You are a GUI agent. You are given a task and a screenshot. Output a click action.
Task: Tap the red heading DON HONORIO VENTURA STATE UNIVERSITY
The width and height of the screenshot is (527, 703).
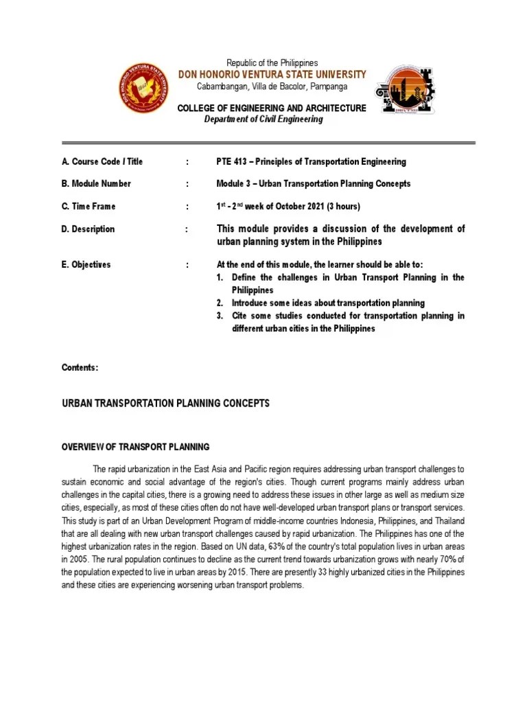272,75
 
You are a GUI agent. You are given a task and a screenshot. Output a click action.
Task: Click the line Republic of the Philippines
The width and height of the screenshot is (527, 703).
272,63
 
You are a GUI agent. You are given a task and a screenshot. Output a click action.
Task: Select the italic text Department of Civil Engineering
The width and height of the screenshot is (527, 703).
263,119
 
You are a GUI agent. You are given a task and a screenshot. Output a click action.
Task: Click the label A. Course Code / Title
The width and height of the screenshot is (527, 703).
102,162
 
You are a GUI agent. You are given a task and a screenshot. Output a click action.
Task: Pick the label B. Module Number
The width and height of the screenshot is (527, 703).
96,184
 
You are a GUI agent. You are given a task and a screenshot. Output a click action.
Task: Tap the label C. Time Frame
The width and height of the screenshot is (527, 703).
89,207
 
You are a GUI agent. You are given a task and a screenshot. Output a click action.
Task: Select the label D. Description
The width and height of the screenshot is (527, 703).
89,229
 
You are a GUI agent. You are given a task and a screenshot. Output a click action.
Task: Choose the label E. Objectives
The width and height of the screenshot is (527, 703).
86,265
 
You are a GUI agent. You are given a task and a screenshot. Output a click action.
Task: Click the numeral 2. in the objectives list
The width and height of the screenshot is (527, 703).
220,303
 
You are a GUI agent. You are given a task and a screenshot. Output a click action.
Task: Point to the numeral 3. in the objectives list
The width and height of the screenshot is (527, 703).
220,316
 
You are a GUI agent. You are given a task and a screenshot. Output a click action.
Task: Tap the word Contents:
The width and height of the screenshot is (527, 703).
80,368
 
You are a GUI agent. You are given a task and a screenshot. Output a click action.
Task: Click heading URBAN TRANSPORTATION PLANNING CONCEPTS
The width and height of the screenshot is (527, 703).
165,404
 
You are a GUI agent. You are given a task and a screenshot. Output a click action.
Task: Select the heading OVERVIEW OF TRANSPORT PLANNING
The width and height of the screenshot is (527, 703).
136,447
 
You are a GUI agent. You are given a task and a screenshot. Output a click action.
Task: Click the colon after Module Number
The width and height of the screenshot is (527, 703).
187,184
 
